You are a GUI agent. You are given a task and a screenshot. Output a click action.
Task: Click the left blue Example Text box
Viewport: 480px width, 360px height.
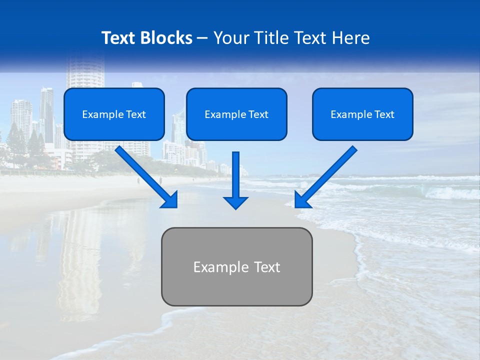[x=114, y=114]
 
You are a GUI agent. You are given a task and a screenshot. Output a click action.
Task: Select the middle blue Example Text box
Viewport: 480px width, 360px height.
[x=236, y=114]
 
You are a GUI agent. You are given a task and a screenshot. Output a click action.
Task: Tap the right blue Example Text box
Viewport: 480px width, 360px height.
[x=362, y=114]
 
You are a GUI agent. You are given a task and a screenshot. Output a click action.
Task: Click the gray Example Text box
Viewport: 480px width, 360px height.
[x=236, y=266]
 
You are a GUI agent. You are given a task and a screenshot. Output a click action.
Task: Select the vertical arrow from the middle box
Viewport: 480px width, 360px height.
[x=235, y=175]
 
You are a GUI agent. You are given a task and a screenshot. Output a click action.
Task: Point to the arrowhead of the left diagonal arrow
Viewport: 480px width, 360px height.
[x=170, y=200]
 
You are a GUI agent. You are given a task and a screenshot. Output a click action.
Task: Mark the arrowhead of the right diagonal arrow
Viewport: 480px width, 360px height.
[x=301, y=200]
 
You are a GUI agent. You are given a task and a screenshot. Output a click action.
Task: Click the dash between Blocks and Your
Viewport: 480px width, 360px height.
[x=202, y=38]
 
